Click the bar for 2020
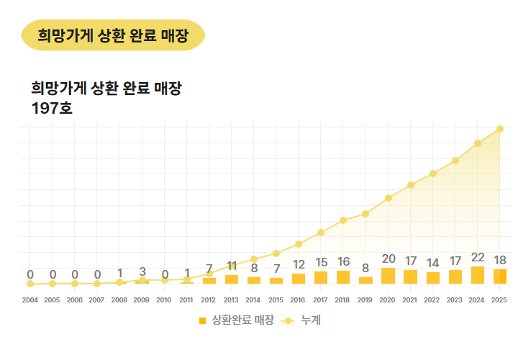pyautogui.click(x=388, y=276)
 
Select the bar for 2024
pyautogui.click(x=477, y=275)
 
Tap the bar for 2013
pyautogui.click(x=231, y=279)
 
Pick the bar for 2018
pyautogui.click(x=343, y=277)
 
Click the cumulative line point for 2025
pyautogui.click(x=500, y=129)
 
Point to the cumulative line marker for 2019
pyautogui.click(x=365, y=214)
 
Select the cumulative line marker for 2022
pyautogui.click(x=433, y=174)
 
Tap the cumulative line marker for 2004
pyautogui.click(x=30, y=284)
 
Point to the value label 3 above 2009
pyautogui.click(x=142, y=272)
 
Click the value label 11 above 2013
pyautogui.click(x=231, y=266)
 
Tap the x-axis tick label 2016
pyautogui.click(x=298, y=300)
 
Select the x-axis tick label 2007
pyautogui.click(x=97, y=300)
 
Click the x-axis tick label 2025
pyautogui.click(x=500, y=300)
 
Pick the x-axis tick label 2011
pyautogui.click(x=186, y=300)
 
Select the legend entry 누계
pyautogui.click(x=310, y=320)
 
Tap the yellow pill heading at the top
pyautogui.click(x=114, y=35)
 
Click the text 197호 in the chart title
pyautogui.click(x=52, y=109)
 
